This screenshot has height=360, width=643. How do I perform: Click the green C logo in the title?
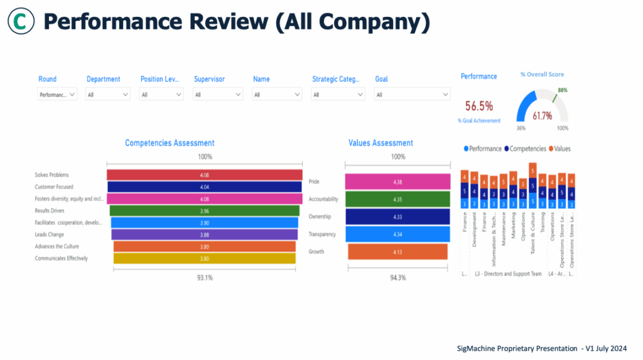[21, 22]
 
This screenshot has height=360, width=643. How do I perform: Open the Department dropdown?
[108, 94]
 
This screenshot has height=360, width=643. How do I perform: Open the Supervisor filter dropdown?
[218, 94]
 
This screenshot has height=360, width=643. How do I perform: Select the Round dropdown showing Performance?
[57, 94]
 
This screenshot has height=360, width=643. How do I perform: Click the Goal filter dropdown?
[412, 94]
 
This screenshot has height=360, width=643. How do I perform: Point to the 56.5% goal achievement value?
[478, 106]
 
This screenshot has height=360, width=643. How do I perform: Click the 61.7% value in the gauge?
[542, 116]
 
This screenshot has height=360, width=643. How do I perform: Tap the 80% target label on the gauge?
[562, 90]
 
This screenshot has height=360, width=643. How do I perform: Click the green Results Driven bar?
[204, 210]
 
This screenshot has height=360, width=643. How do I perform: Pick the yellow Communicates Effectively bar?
[204, 258]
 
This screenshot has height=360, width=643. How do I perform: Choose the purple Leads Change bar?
[204, 234]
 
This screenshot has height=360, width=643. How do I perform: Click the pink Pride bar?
[397, 182]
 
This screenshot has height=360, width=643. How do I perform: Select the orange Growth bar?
[397, 252]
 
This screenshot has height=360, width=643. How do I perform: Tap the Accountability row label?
[323, 199]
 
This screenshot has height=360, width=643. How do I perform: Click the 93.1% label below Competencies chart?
[205, 277]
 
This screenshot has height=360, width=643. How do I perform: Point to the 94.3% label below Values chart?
[398, 277]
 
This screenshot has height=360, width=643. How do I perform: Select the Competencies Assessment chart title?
[170, 143]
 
